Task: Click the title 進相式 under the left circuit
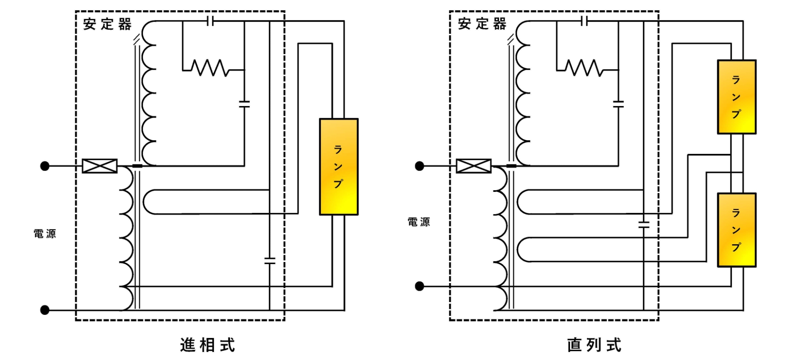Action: (207, 345)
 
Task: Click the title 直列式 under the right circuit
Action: (594, 345)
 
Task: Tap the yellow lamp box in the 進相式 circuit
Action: (339, 167)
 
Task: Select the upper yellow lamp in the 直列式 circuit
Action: (736, 97)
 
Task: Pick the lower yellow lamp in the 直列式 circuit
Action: (736, 230)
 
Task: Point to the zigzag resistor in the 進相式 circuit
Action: (210, 68)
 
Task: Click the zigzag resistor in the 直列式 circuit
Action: (584, 68)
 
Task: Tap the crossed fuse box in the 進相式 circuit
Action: (100, 166)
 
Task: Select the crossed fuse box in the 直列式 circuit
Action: (474, 166)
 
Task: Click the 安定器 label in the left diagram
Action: (107, 24)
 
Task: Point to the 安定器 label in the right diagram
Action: (482, 24)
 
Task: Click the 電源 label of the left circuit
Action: (45, 234)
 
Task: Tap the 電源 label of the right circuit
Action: (419, 222)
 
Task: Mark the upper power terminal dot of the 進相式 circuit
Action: (45, 166)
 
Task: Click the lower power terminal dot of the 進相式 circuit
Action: (45, 310)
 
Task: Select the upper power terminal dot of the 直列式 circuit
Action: (419, 166)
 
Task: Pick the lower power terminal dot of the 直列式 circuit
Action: (419, 286)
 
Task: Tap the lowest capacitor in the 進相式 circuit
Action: (270, 261)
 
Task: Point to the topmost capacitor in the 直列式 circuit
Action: (584, 21)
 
